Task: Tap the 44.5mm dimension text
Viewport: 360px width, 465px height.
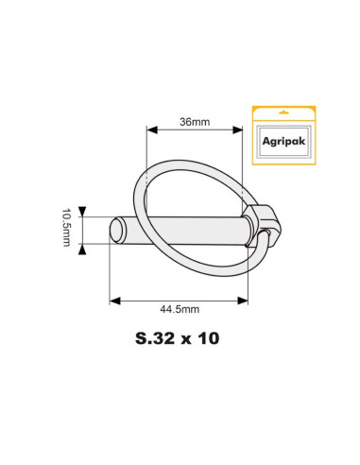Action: click(180, 308)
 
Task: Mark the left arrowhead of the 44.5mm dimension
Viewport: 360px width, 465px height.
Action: click(114, 299)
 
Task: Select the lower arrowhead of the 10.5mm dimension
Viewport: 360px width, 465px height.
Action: click(83, 247)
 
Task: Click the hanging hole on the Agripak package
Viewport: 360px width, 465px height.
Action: click(283, 113)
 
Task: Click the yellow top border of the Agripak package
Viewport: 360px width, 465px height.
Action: click(283, 106)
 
